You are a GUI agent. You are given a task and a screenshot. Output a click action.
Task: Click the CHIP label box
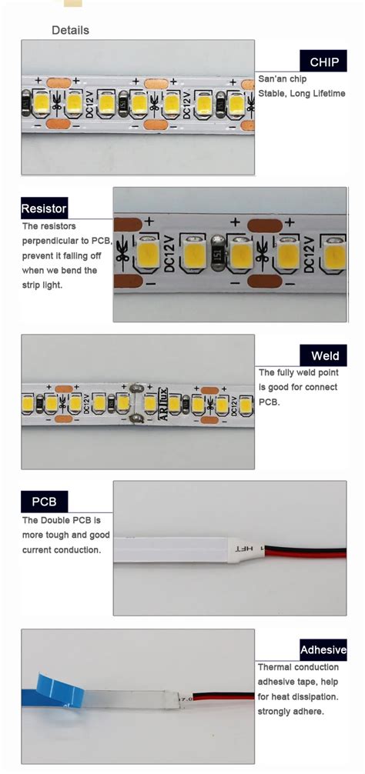(x=323, y=62)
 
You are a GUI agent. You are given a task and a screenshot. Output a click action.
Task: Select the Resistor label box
(x=44, y=209)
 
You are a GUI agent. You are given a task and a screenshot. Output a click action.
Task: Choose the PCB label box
(x=44, y=502)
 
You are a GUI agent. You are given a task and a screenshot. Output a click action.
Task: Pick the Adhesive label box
(x=323, y=650)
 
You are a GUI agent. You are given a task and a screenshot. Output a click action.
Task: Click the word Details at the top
(x=70, y=31)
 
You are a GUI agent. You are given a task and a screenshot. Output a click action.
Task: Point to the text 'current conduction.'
(x=62, y=550)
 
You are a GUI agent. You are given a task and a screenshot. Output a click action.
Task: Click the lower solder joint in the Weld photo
(x=136, y=418)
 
